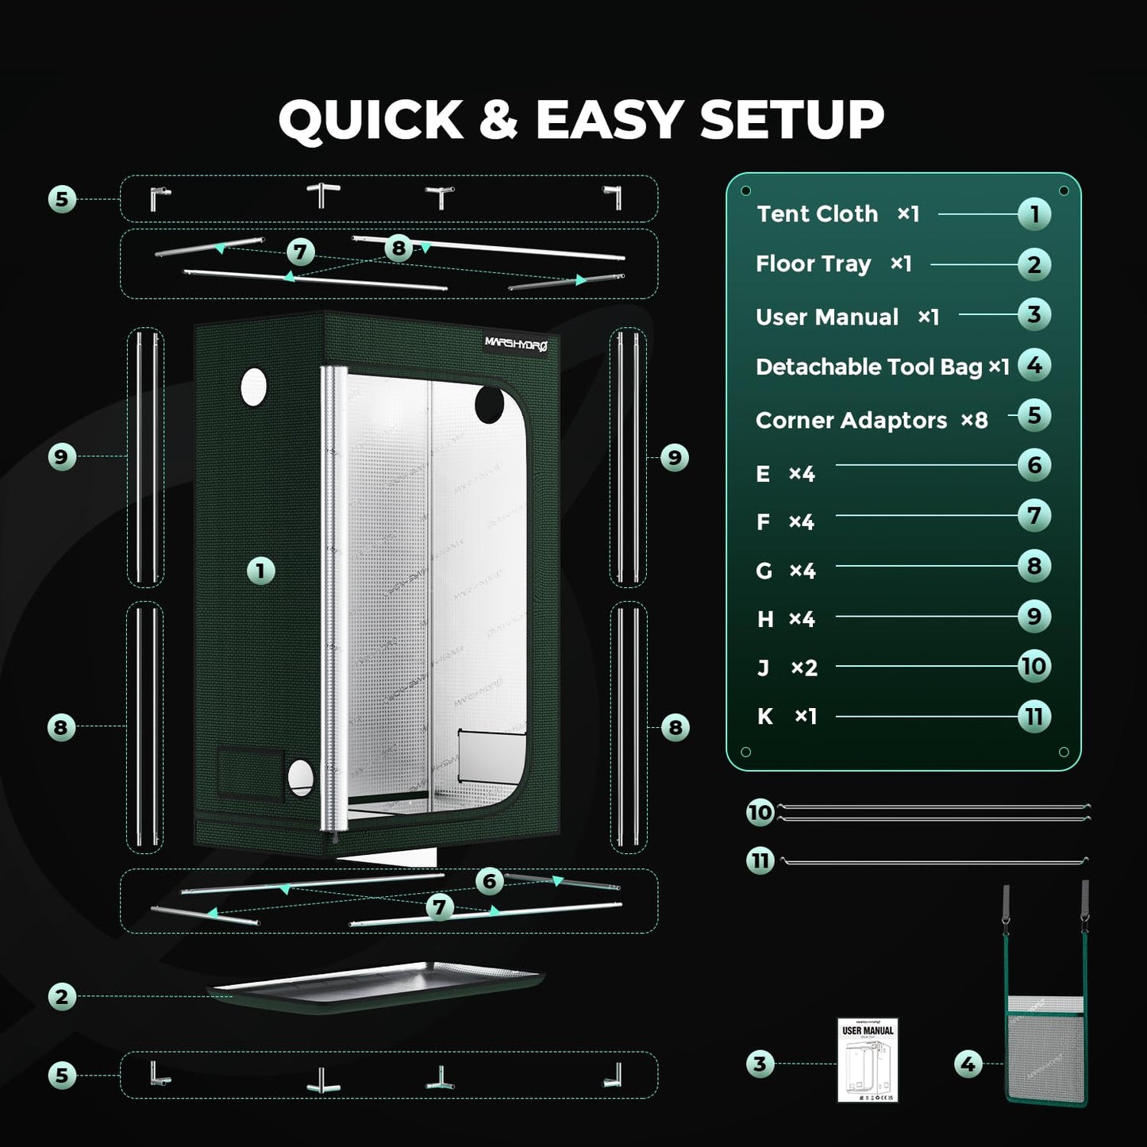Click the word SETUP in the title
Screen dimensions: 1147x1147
[x=791, y=120]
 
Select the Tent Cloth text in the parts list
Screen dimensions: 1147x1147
[x=817, y=214]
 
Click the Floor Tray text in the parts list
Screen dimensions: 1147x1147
[x=813, y=264]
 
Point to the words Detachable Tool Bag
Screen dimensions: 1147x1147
[x=868, y=367]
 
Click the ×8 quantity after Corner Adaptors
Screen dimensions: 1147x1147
[x=974, y=420]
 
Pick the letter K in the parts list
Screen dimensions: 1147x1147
[x=764, y=717]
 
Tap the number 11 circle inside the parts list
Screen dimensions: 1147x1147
[x=1033, y=717]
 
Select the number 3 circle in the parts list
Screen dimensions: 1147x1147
[x=1033, y=314]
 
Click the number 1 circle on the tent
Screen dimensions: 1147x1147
[x=260, y=571]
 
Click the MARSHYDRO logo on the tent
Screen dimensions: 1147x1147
[x=515, y=343]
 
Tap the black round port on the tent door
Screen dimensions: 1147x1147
[x=489, y=406]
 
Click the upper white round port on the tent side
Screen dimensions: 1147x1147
[x=253, y=387]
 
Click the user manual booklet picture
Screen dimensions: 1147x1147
[x=868, y=1060]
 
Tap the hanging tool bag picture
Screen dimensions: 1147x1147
[x=1045, y=1048]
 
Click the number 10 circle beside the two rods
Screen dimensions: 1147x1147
[x=760, y=812]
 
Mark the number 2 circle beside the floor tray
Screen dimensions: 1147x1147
[x=62, y=996]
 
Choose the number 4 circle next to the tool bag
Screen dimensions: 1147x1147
[x=968, y=1064]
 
